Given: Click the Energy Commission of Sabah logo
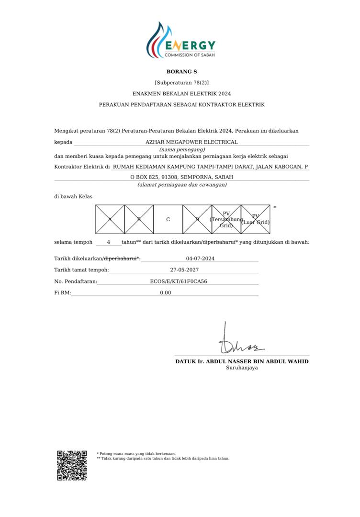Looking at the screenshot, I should click(x=181, y=41).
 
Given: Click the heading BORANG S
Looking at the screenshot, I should click(x=181, y=72).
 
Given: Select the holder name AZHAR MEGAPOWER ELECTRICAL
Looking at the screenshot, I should click(x=191, y=142).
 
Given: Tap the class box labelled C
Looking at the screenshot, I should click(x=168, y=219).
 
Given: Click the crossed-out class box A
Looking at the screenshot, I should click(x=110, y=219).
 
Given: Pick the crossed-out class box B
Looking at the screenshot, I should click(x=139, y=219).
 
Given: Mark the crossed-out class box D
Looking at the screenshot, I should click(x=197, y=219).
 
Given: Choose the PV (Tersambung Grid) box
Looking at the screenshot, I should click(x=226, y=219).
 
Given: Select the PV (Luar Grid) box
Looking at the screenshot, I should click(x=256, y=219).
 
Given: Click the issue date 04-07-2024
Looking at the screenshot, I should click(x=200, y=258).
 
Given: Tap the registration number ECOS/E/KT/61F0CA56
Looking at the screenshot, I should click(x=179, y=281).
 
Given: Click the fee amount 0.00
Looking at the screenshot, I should click(x=166, y=292).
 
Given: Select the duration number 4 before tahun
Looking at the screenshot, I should click(x=109, y=242).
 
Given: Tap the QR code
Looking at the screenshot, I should click(x=72, y=465).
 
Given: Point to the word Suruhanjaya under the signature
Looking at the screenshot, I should click(x=242, y=368).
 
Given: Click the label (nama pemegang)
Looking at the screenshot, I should click(x=179, y=149).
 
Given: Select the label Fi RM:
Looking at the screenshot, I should click(x=62, y=292).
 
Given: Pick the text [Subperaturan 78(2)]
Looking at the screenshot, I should click(x=181, y=83).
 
